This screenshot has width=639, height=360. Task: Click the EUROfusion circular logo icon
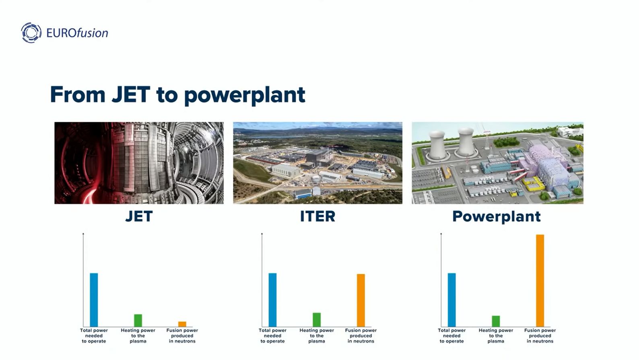click(31, 33)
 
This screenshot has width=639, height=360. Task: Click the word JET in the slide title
click(131, 95)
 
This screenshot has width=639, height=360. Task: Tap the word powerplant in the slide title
click(245, 96)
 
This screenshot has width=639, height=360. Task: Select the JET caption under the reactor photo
click(139, 216)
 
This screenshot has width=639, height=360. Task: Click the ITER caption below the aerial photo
click(317, 216)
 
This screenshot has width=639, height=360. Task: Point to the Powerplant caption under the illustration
click(497, 216)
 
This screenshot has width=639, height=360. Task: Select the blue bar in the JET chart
click(94, 300)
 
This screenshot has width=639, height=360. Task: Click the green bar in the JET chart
click(138, 320)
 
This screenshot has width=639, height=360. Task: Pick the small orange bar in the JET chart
click(182, 324)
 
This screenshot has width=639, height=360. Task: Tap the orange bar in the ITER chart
click(361, 300)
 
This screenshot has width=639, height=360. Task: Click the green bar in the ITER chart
click(317, 320)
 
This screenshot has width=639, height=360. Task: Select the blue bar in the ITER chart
click(272, 300)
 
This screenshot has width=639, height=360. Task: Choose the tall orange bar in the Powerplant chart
click(540, 281)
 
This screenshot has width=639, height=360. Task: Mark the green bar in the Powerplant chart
click(496, 321)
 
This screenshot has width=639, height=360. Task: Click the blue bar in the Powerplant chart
click(451, 300)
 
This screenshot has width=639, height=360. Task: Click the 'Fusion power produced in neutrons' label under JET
click(182, 335)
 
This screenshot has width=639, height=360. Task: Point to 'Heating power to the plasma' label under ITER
click(317, 335)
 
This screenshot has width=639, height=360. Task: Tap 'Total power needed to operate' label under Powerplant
click(451, 335)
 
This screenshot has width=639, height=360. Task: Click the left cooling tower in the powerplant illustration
click(437, 146)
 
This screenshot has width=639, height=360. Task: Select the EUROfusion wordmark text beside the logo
click(77, 33)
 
